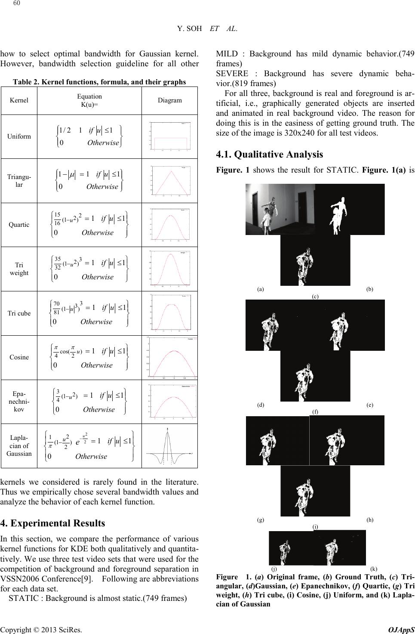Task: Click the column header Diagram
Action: coord(169,100)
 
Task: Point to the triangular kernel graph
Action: coord(170,180)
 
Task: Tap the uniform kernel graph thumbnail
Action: coord(170,136)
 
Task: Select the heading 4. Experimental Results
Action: coord(52,523)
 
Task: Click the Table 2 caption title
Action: coord(99,82)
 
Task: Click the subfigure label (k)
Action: coord(373,568)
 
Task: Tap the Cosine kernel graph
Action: coord(170,357)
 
